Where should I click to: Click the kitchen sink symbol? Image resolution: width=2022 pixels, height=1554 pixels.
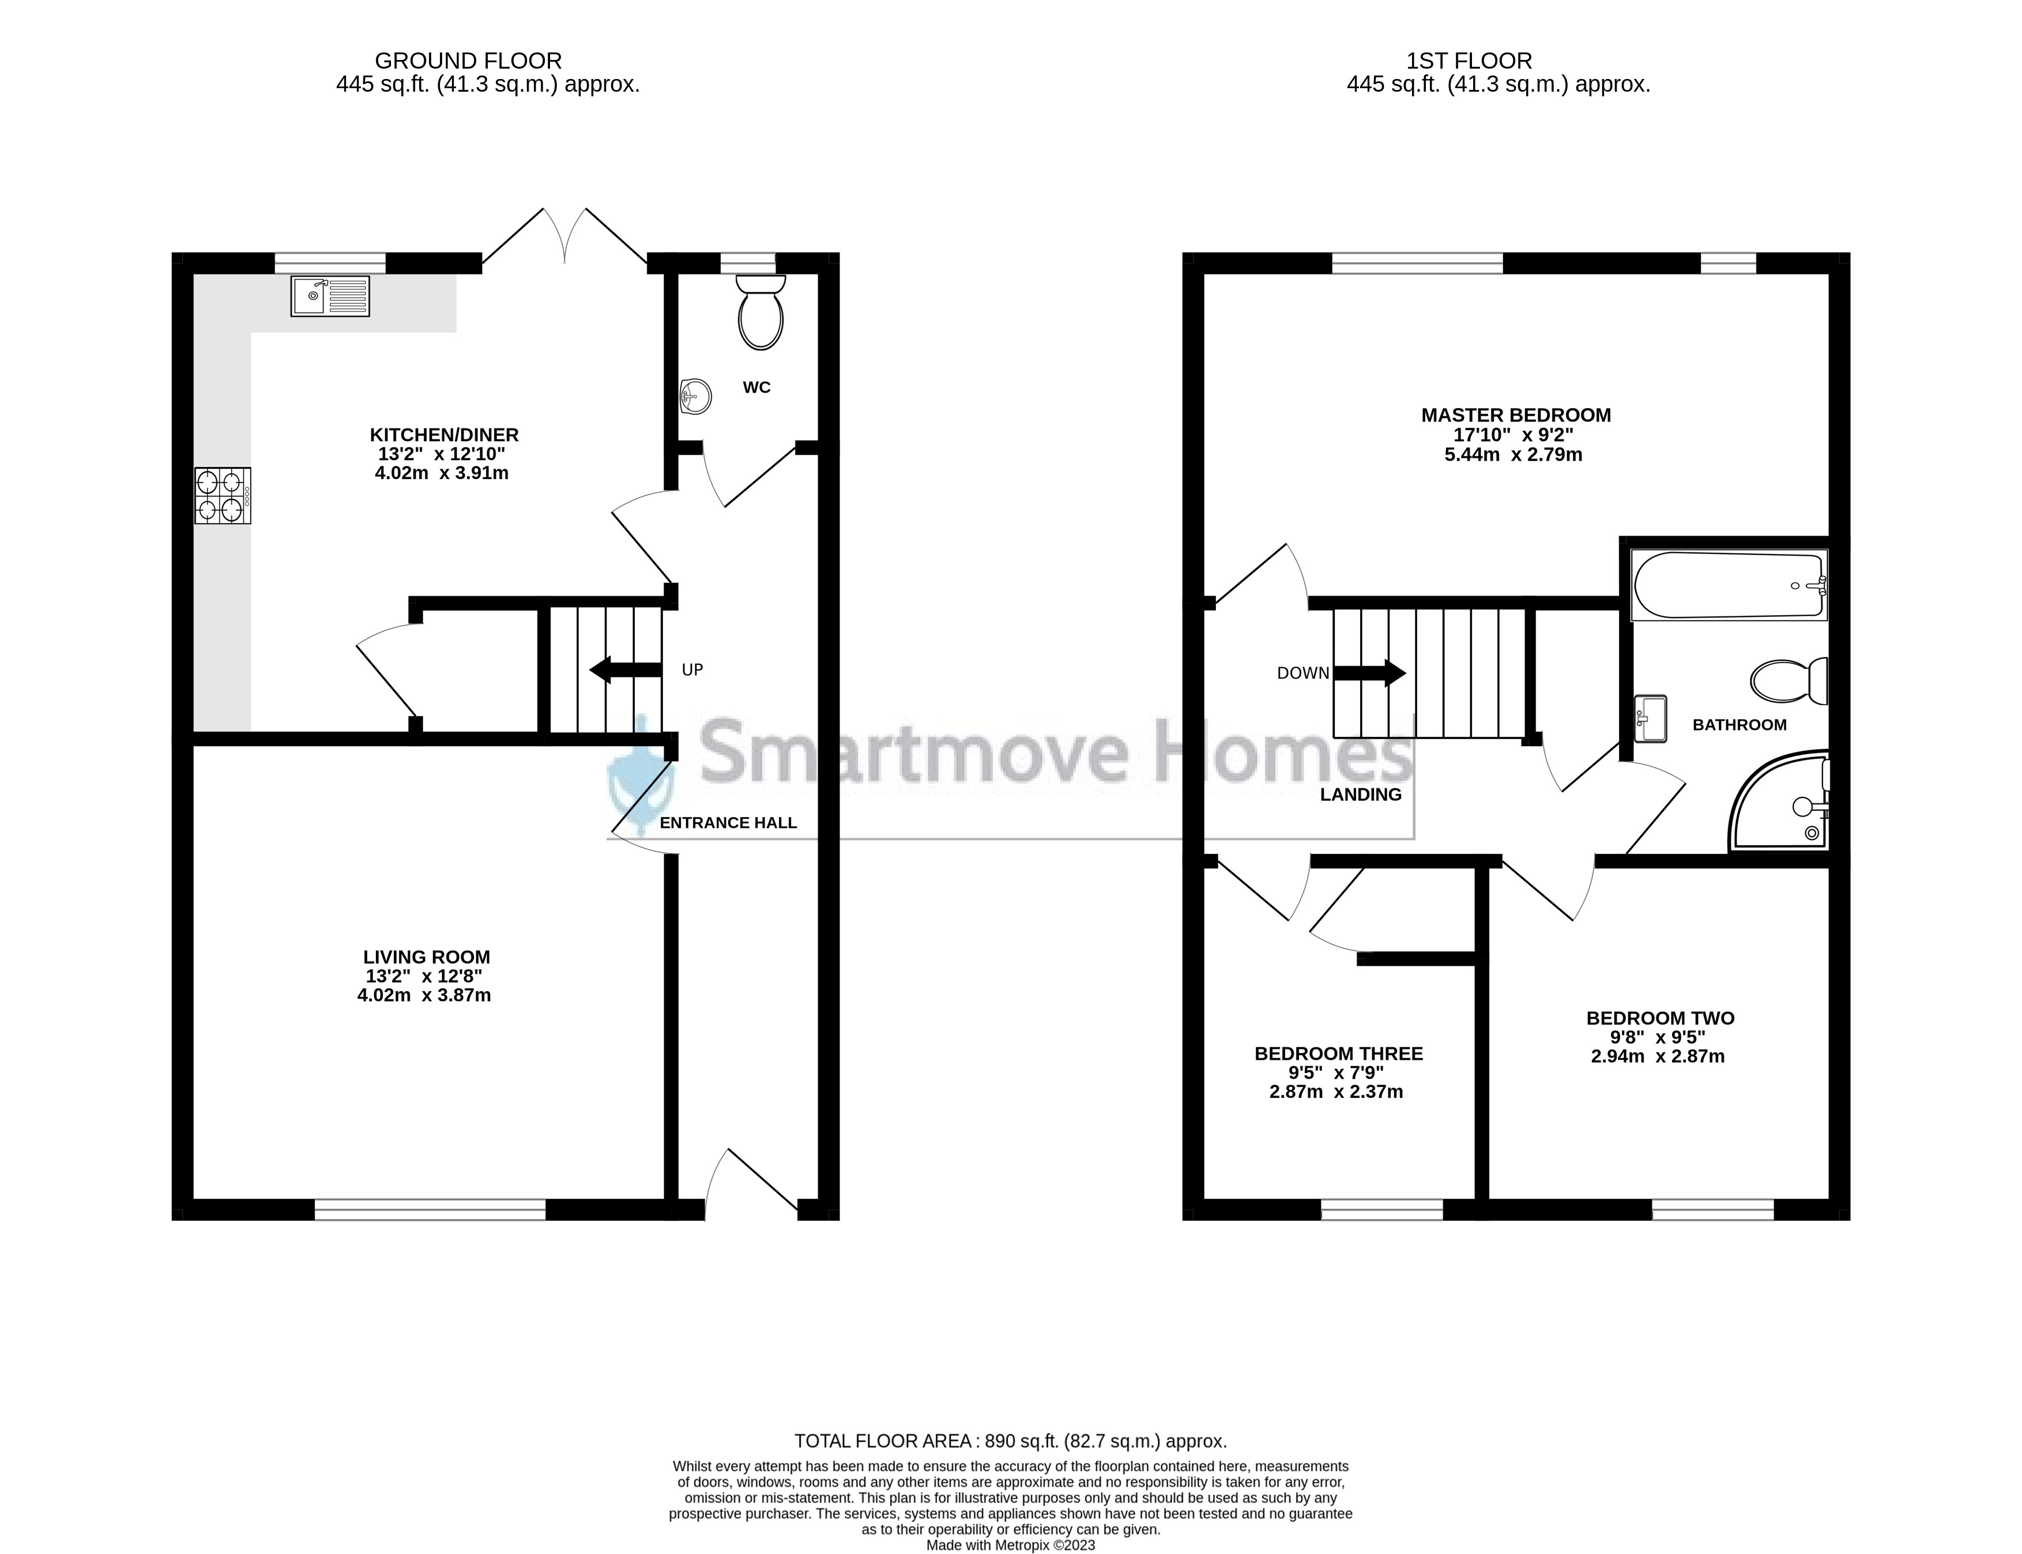click(330, 296)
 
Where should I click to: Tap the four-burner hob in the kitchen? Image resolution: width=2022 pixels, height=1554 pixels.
click(222, 496)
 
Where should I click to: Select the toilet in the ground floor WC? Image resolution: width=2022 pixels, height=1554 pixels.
click(760, 313)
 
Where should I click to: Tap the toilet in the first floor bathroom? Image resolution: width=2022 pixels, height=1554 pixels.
click(1789, 682)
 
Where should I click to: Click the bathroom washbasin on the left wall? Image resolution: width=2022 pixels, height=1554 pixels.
click(1650, 718)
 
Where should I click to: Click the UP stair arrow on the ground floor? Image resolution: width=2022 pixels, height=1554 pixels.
click(626, 669)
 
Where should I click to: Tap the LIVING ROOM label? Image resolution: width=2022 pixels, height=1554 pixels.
click(427, 957)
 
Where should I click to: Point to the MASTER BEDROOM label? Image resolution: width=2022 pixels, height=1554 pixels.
click(1516, 415)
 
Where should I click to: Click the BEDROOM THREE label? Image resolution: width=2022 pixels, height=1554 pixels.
click(1338, 1053)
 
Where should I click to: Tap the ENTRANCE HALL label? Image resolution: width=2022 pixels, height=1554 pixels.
click(728, 822)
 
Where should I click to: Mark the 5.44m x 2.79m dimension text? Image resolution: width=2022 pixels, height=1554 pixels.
click(1513, 455)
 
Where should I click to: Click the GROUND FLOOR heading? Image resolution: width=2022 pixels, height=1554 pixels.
click(468, 61)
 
